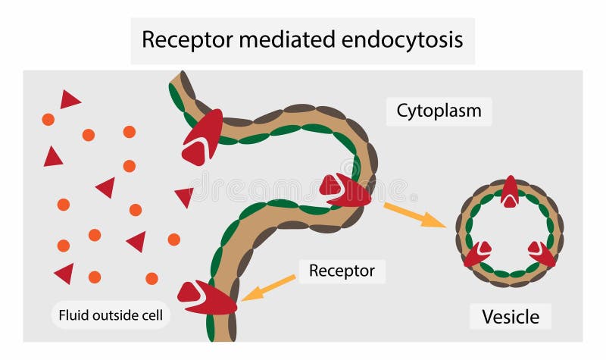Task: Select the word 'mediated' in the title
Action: pos(281,39)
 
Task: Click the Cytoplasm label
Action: pos(439,111)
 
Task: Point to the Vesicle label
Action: pos(510,315)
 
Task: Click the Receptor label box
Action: pos(342,271)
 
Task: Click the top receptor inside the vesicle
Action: pos(510,192)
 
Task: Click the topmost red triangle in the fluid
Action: pos(70,99)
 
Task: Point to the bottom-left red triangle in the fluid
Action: pos(65,272)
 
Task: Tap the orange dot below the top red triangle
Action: pos(48,119)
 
